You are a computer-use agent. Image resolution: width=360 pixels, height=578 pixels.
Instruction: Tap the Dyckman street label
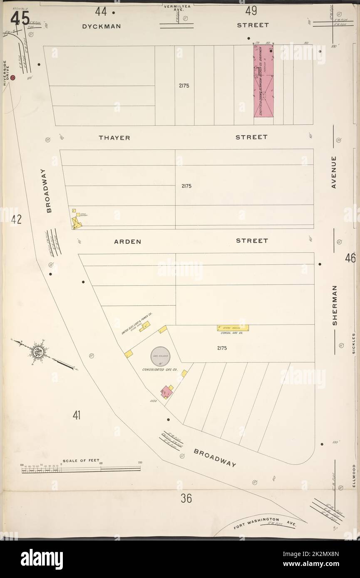coord(101,26)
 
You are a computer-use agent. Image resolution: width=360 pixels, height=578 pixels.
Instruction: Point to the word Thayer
coord(114,138)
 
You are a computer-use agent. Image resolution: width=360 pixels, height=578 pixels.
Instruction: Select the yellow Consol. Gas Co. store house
coord(233,328)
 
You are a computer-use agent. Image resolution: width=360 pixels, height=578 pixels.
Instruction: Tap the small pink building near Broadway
coord(167,392)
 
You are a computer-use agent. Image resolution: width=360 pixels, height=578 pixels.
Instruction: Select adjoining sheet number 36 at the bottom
coord(186,498)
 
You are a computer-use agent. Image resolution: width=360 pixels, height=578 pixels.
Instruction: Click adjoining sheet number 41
coord(76,415)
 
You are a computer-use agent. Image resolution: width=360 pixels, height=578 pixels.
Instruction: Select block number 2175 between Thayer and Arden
coord(186,186)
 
